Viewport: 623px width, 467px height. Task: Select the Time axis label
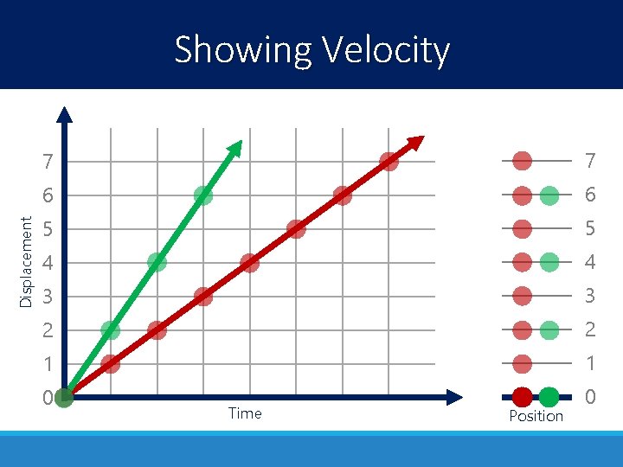coord(245,413)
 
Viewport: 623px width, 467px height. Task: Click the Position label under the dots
coord(536,416)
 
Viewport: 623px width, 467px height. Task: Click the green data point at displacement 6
coord(203,195)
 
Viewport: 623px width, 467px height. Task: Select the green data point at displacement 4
coord(157,262)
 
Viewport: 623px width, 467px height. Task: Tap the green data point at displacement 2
coord(111,329)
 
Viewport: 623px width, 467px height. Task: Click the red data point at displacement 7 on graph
coord(389,162)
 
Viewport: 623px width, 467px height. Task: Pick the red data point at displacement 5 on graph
coord(296,229)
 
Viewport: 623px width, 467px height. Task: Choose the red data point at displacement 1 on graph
coord(111,363)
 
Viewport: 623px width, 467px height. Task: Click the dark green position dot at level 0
coord(549,398)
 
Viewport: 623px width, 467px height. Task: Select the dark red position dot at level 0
coord(522,398)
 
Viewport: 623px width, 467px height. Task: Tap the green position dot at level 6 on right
coord(549,195)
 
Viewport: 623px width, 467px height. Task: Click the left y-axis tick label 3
coord(48,297)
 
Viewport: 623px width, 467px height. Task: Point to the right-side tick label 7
coord(590,162)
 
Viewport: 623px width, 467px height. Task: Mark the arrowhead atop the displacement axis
coord(65,113)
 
